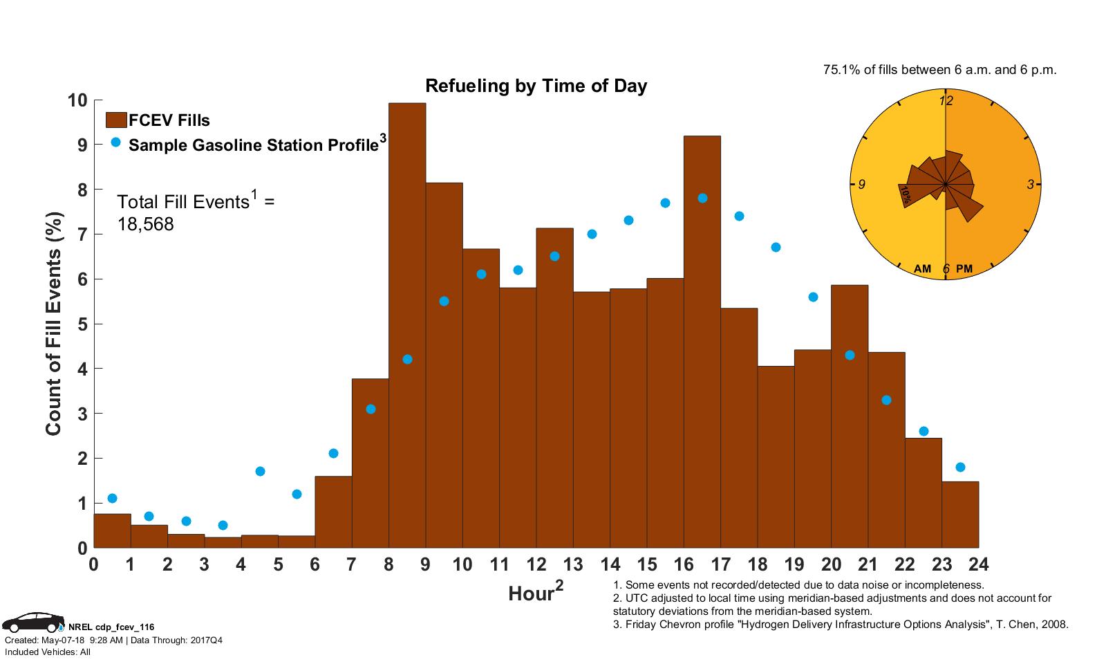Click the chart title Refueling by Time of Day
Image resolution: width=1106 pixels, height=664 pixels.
click(x=536, y=86)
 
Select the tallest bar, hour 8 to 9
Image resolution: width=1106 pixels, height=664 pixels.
click(x=407, y=325)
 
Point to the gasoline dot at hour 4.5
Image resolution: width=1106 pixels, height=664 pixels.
click(x=260, y=471)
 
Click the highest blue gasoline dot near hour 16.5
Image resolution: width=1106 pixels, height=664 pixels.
click(x=702, y=198)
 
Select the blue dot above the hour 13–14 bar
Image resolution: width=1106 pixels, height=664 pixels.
click(x=592, y=234)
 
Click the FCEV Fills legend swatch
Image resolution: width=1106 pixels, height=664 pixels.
click(x=116, y=120)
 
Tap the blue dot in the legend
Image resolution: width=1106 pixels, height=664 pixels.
click(x=115, y=142)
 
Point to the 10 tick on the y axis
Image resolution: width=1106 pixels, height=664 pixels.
click(x=77, y=100)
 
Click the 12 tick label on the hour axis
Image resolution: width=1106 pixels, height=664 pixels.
click(x=536, y=564)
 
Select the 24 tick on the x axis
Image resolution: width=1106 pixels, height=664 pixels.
click(x=979, y=564)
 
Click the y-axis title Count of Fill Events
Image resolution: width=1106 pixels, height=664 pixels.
click(x=54, y=324)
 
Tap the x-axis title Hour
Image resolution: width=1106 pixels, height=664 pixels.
click(x=531, y=593)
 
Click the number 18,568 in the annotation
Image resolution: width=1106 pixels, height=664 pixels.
click(x=145, y=224)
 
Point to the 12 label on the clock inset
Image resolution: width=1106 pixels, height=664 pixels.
click(x=946, y=101)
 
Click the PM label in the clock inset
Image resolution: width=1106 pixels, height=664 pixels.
click(x=964, y=268)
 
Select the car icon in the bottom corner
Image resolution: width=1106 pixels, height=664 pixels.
click(x=32, y=622)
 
